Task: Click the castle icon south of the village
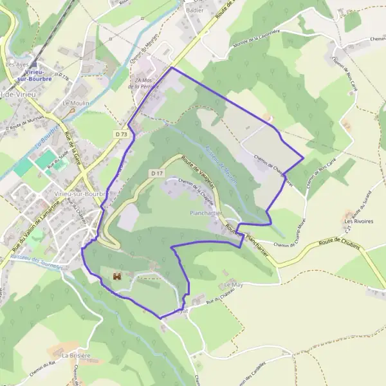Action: (117, 277)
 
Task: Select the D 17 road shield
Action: (157, 173)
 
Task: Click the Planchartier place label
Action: (207, 212)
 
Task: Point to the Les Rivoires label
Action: (358, 221)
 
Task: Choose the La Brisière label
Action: (76, 355)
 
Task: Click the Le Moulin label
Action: (75, 103)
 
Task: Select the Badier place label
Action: (194, 10)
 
